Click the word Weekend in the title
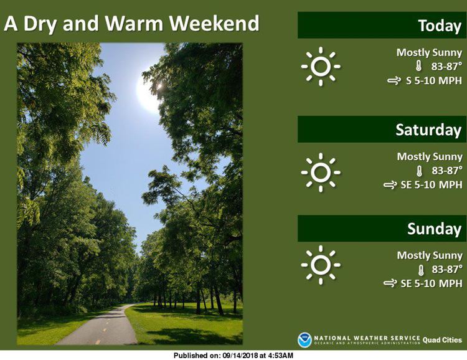tap(214, 23)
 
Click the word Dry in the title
tap(40, 25)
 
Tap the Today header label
tap(440, 26)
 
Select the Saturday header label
tap(428, 130)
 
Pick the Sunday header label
tap(434, 229)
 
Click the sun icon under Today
tap(321, 66)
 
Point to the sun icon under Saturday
tap(321, 173)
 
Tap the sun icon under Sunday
tap(321, 265)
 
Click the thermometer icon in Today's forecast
tap(419, 66)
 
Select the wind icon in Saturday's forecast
tap(390, 185)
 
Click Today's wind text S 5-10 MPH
tap(434, 80)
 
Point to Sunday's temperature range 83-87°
tap(446, 269)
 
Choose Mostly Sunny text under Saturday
tap(430, 157)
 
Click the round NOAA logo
tap(304, 340)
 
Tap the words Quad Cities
tap(442, 340)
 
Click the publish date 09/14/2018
tap(240, 356)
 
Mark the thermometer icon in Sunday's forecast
tap(420, 270)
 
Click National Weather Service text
tap(367, 338)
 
